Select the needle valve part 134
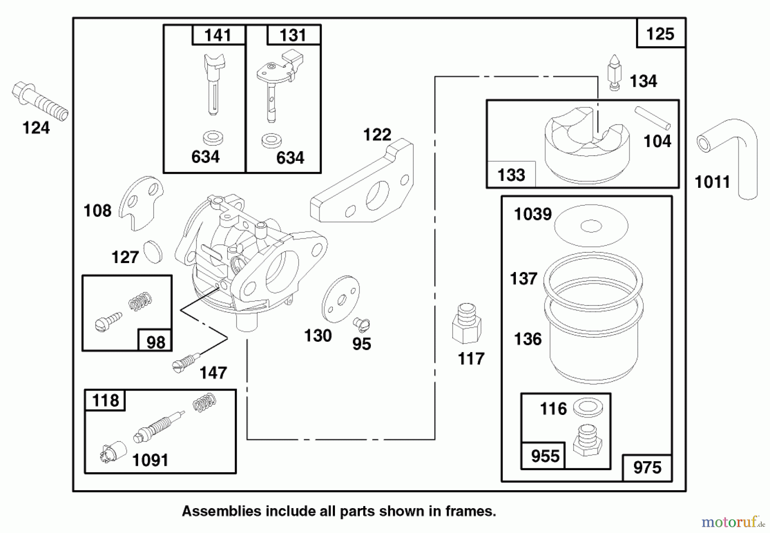tap(614, 73)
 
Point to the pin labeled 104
tap(652, 118)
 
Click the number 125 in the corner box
tap(660, 34)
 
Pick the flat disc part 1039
tap(591, 226)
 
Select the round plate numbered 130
tap(341, 299)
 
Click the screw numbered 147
tap(185, 361)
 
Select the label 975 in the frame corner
tap(647, 468)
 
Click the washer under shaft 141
tap(213, 138)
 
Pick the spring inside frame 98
tap(140, 301)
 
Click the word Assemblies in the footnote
tap(221, 511)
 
